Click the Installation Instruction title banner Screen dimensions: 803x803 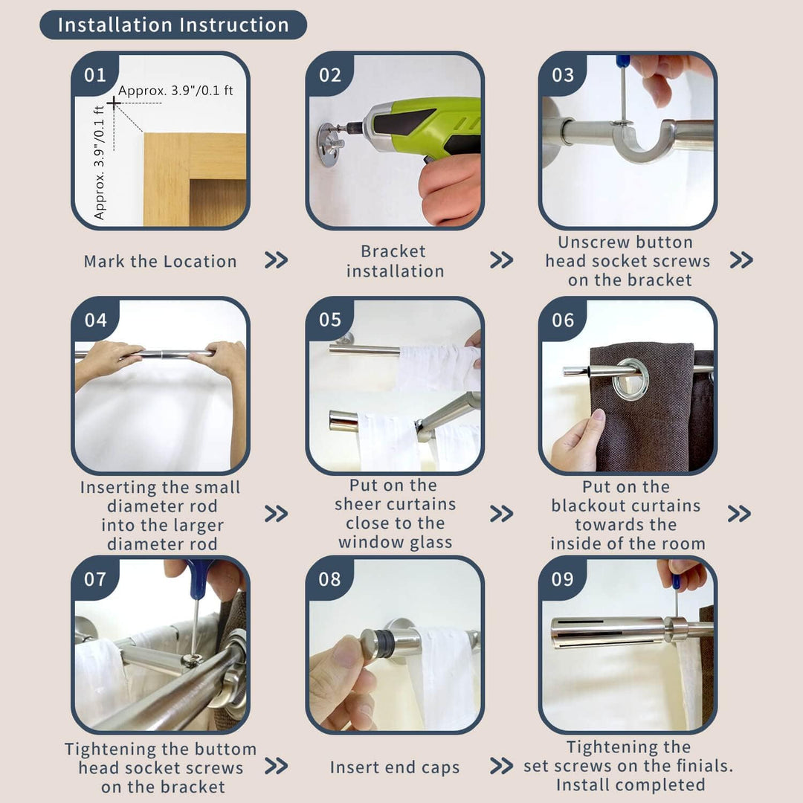click(173, 25)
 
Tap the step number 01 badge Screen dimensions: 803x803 click(95, 75)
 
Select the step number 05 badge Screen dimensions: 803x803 click(329, 320)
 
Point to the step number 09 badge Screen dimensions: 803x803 click(562, 578)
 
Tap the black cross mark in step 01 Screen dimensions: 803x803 click(115, 103)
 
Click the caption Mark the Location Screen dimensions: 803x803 click(161, 261)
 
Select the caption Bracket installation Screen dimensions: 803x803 click(395, 261)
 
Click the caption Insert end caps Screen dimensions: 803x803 click(395, 767)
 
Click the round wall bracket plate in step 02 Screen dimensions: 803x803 click(331, 144)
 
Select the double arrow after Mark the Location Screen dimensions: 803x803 click(276, 260)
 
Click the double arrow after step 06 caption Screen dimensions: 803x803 click(739, 513)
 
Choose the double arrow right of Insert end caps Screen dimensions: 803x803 click(501, 766)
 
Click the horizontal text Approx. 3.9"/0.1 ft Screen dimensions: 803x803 click(175, 91)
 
